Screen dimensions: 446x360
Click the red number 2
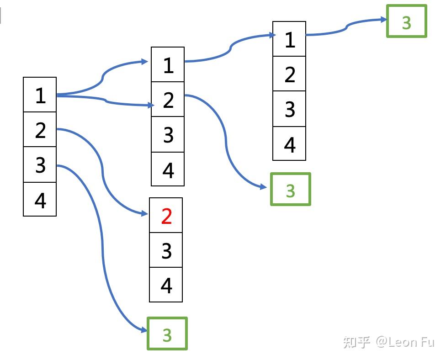point(166,216)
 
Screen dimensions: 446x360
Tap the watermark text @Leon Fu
point(405,342)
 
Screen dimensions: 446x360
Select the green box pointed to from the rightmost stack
point(406,21)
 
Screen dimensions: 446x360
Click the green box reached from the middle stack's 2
point(291,189)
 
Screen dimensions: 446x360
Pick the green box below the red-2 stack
point(167,334)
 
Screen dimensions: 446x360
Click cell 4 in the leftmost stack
point(40,199)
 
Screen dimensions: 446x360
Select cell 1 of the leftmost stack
point(40,95)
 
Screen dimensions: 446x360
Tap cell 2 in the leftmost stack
point(40,130)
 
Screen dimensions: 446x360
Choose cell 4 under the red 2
point(166,285)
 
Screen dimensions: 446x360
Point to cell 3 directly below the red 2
point(166,250)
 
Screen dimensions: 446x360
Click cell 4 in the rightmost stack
point(289,143)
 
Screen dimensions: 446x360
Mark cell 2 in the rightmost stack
point(289,74)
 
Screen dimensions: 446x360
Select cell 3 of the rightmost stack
point(289,109)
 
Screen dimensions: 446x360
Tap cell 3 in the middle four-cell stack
point(168,134)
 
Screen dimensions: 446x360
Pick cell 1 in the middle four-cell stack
point(168,64)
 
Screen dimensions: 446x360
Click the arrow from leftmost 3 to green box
point(102,250)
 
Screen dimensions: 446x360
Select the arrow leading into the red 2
point(102,174)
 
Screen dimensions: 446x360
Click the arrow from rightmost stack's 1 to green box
point(346,27)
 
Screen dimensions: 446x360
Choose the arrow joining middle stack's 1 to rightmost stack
point(230,48)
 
